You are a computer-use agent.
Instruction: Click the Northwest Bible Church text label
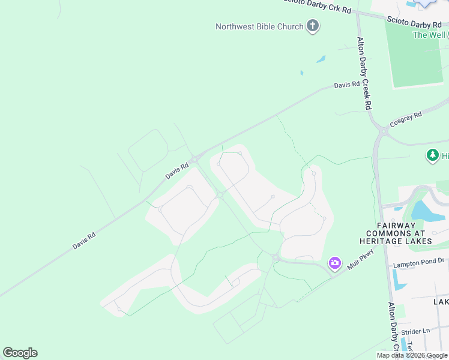tap(260, 26)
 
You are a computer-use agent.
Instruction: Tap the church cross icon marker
tap(312, 26)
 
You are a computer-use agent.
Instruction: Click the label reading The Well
tap(429, 35)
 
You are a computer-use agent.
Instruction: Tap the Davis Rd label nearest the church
tap(346, 85)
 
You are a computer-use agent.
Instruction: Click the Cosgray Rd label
tap(406, 119)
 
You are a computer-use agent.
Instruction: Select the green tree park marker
tap(432, 156)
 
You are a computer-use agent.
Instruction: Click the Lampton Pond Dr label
tap(418, 262)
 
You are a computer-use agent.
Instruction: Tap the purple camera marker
tap(334, 263)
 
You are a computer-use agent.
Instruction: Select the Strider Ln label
tap(416, 331)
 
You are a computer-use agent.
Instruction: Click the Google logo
tap(20, 353)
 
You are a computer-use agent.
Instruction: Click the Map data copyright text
tap(412, 355)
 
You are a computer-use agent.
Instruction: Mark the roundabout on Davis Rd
tap(195, 159)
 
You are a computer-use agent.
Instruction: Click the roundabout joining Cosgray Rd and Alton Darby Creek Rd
tap(382, 130)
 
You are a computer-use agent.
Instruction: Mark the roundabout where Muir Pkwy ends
tap(276, 258)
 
